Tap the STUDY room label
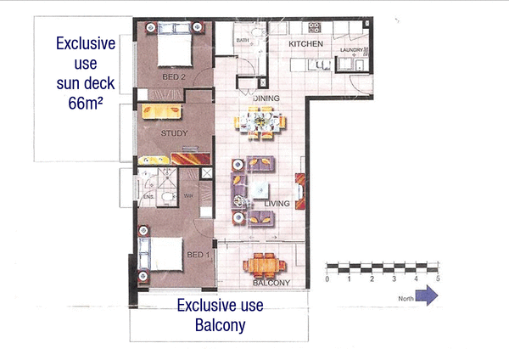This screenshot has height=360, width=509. [174, 133]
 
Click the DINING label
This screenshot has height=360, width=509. [266, 98]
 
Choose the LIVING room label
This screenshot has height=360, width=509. [278, 204]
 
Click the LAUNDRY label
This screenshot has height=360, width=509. [350, 49]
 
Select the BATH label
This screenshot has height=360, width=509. [242, 41]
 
